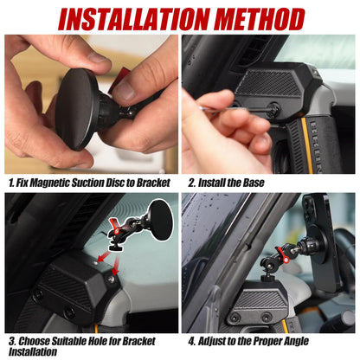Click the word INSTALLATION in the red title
tap(120, 18)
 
